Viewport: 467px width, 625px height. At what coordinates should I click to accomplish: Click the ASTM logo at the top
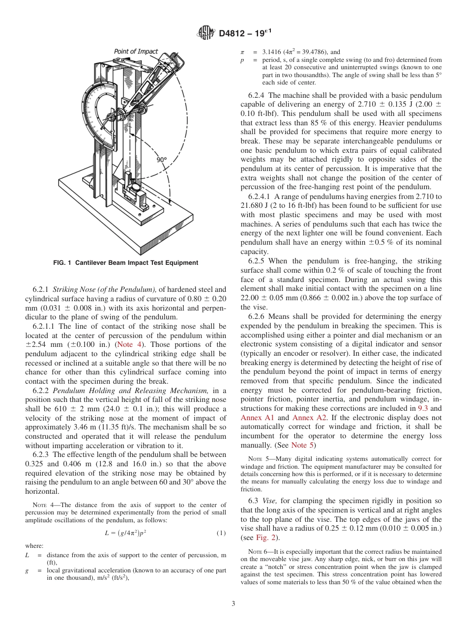coord(206,33)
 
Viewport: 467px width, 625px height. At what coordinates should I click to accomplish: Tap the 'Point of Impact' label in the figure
coord(136,51)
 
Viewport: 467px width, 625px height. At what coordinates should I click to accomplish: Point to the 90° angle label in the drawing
coord(162,160)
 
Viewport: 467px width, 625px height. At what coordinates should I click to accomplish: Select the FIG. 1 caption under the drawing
coord(125,263)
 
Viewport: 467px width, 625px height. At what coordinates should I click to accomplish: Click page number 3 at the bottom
coord(233,603)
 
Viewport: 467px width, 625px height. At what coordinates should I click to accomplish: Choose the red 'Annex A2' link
coord(306,418)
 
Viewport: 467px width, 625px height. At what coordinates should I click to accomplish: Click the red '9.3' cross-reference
coord(422,408)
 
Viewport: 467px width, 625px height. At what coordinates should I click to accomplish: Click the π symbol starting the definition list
coord(242,52)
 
